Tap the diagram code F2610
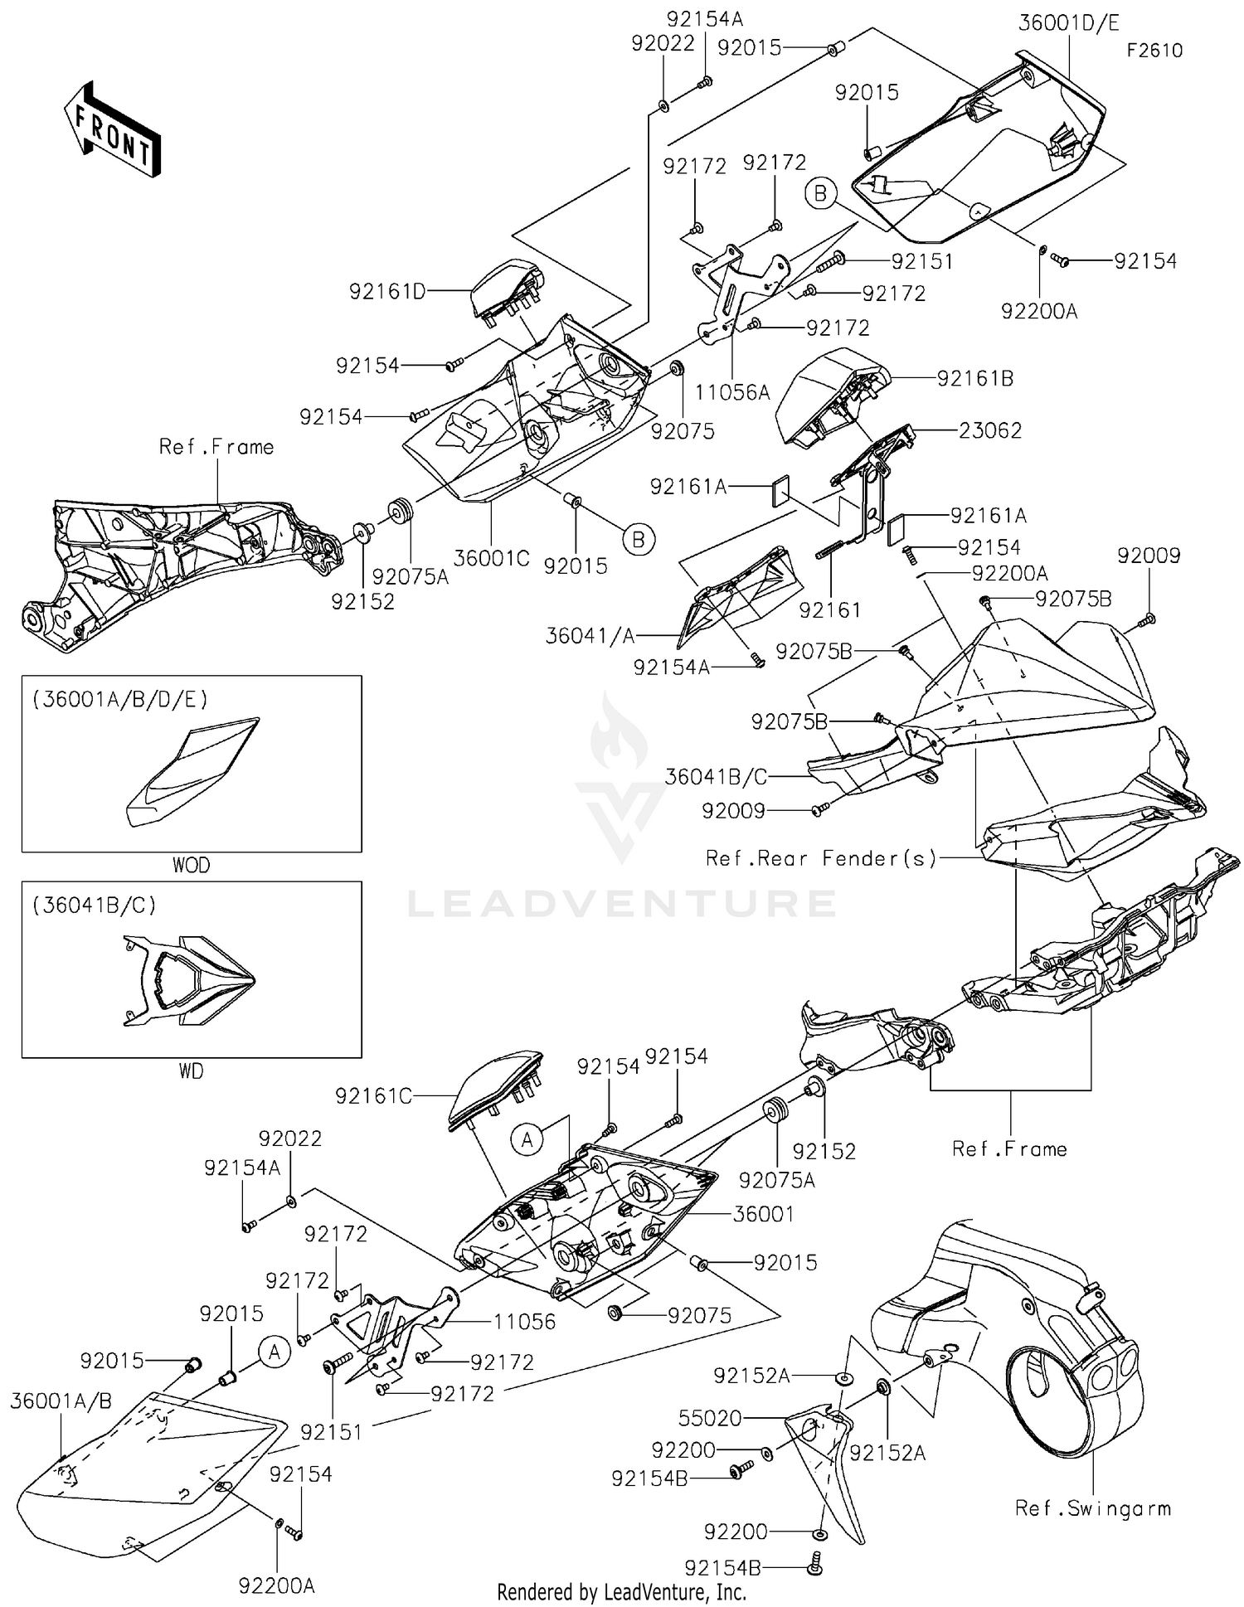(1154, 51)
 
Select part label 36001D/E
(1068, 22)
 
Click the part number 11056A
(732, 392)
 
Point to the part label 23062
(990, 430)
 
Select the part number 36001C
(492, 558)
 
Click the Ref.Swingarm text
(1093, 1508)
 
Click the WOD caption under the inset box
(191, 865)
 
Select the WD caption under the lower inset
(191, 1071)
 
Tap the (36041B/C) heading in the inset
(95, 905)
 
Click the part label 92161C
(373, 1096)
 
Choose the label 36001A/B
(61, 1401)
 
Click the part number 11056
(524, 1322)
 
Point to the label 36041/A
(590, 636)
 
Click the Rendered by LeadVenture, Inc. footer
(621, 1592)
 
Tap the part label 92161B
(975, 378)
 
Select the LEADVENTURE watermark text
(621, 903)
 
